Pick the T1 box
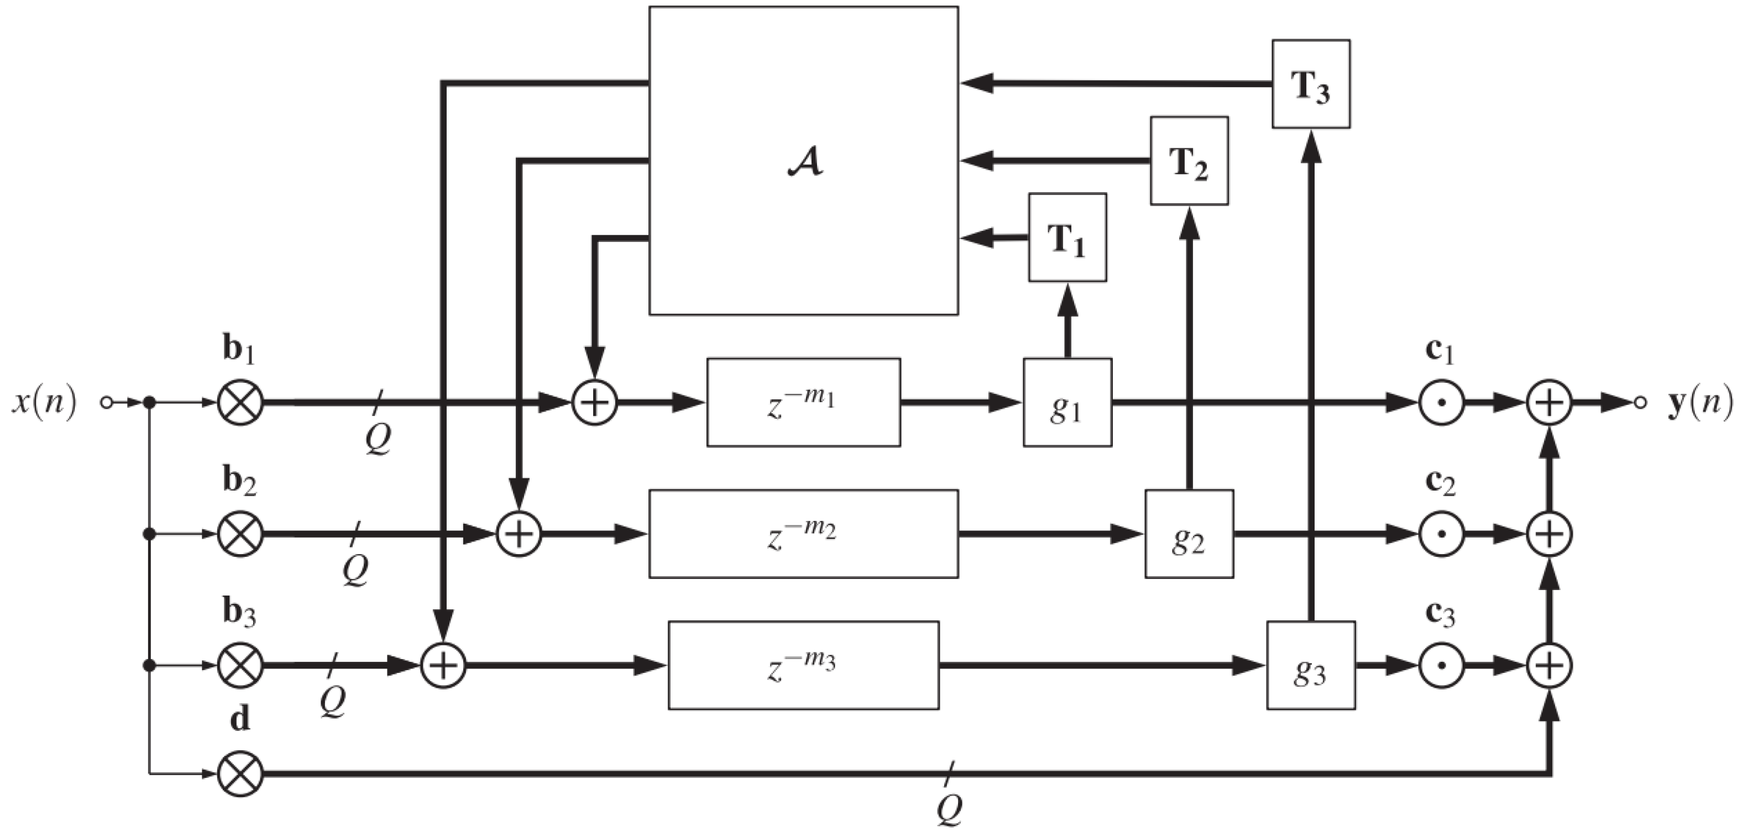[1067, 238]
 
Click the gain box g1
[1067, 403]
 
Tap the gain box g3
[1310, 666]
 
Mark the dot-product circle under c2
[1441, 534]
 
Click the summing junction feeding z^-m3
[443, 666]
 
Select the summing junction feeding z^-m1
[594, 403]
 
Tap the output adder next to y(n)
[1549, 403]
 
